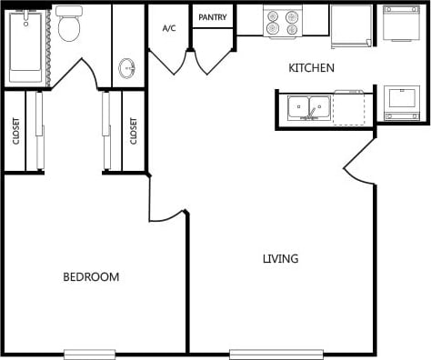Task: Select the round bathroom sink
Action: tap(127, 69)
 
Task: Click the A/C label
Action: tap(169, 28)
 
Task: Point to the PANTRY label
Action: tap(212, 17)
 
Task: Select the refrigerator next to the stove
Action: tap(351, 25)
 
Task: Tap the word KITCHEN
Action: tap(311, 68)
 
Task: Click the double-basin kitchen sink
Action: tap(308, 108)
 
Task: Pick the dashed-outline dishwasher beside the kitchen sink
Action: tap(349, 109)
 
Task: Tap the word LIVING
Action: tap(280, 259)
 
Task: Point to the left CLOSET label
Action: tap(16, 132)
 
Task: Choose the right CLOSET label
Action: tap(134, 132)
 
